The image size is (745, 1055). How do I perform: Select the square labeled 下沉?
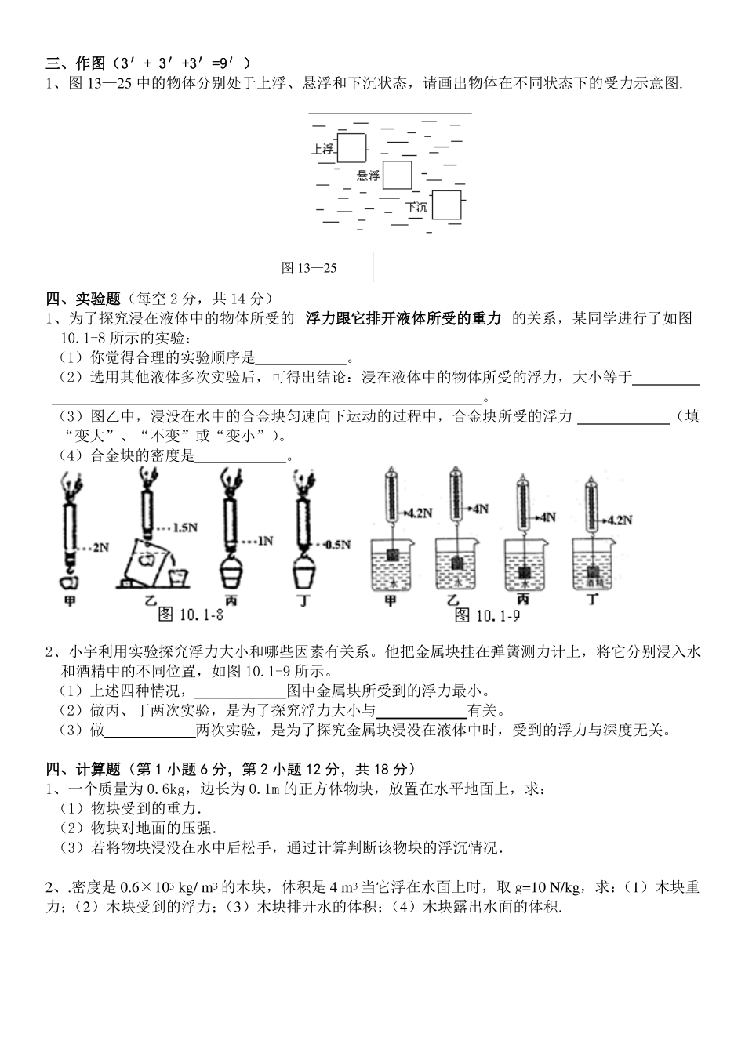point(446,205)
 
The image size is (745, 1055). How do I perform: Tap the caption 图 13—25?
point(309,268)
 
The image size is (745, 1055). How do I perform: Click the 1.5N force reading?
point(185,527)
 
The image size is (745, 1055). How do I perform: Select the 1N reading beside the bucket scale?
point(264,541)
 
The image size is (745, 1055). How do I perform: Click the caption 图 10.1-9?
point(487,615)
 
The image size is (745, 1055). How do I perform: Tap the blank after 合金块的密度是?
point(240,456)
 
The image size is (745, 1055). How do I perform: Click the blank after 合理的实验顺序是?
point(301,357)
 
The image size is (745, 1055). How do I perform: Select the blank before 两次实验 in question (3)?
point(150,731)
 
